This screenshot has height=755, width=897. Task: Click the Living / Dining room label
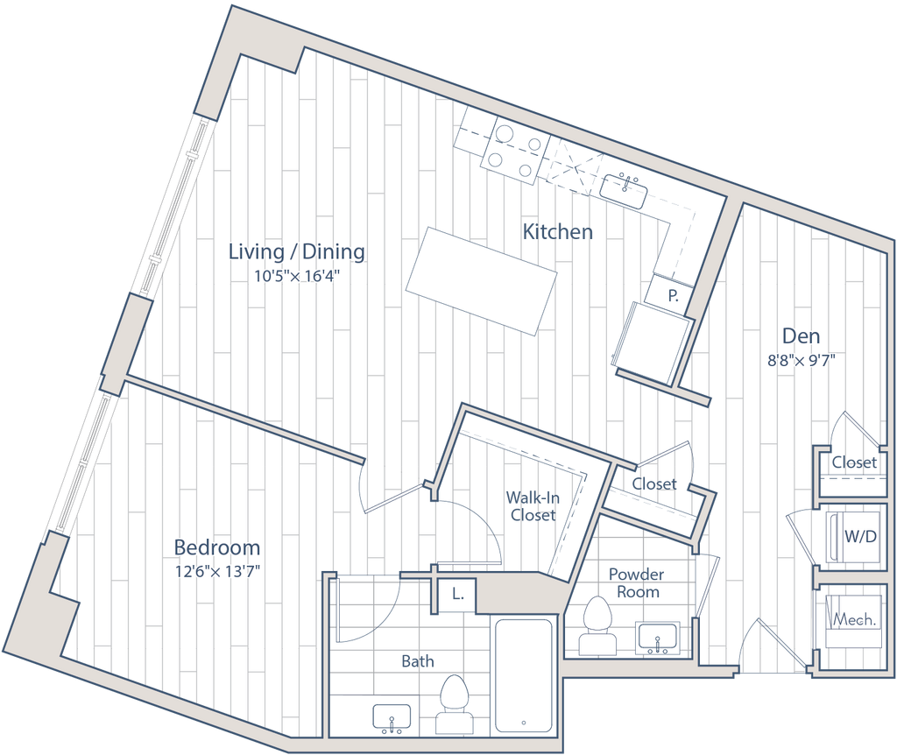click(x=295, y=252)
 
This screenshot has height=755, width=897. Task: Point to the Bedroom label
click(x=217, y=547)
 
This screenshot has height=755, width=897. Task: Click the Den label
click(x=800, y=335)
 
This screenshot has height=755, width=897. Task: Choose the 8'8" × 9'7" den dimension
click(x=800, y=359)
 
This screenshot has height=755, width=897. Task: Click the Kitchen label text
click(x=558, y=233)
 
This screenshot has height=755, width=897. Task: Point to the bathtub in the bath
click(x=523, y=676)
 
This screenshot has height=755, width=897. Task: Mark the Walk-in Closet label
click(x=533, y=506)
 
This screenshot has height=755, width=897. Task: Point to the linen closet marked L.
click(x=456, y=594)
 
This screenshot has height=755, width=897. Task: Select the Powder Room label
click(x=638, y=582)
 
